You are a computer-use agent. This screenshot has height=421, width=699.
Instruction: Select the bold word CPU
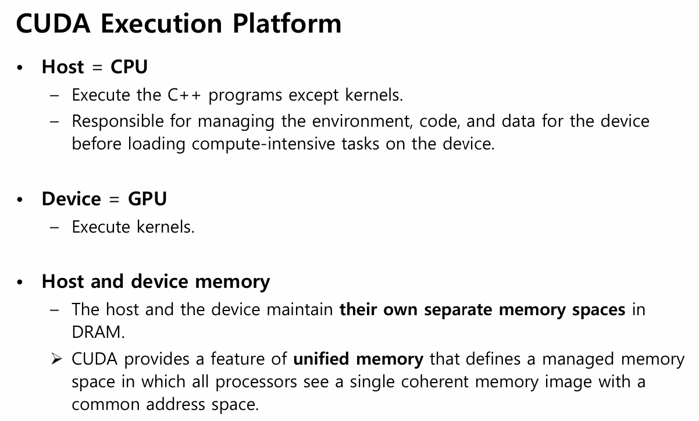pyautogui.click(x=129, y=67)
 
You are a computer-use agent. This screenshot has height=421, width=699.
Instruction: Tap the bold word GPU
pyautogui.click(x=147, y=199)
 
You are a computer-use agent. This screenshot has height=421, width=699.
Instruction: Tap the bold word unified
pyautogui.click(x=322, y=359)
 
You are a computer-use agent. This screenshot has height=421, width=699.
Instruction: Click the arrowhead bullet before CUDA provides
pyautogui.click(x=56, y=359)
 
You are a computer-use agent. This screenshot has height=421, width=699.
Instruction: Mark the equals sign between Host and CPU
pyautogui.click(x=98, y=67)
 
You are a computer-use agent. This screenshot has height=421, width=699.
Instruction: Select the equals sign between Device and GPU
pyautogui.click(x=115, y=199)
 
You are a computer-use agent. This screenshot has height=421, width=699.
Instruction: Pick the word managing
pyautogui.click(x=236, y=122)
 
